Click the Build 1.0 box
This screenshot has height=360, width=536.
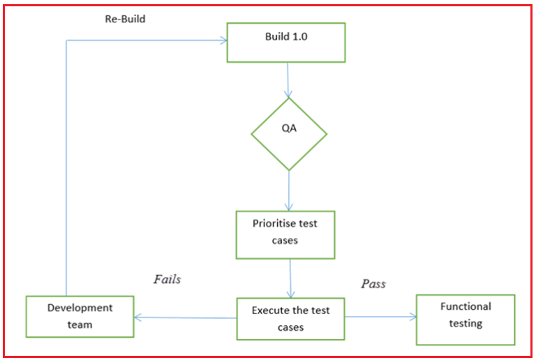(x=286, y=42)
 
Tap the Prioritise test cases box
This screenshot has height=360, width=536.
(x=285, y=234)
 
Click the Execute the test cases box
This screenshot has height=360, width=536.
(x=290, y=319)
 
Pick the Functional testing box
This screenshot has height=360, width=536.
(x=466, y=320)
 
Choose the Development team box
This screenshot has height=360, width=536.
(x=80, y=316)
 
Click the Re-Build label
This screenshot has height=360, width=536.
(x=125, y=19)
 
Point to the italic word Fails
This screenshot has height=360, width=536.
(x=167, y=279)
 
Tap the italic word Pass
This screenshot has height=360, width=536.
(x=373, y=284)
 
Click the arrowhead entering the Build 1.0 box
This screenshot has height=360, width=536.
(x=223, y=40)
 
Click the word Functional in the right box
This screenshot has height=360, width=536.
(x=466, y=306)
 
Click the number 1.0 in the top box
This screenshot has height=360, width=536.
(x=299, y=36)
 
